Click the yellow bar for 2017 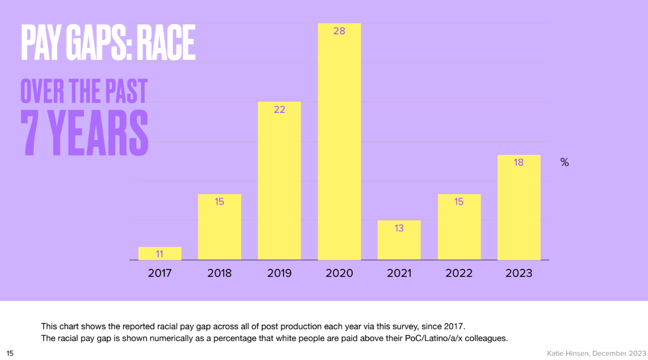[x=159, y=254]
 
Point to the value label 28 [x=339, y=31]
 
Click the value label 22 [x=279, y=110]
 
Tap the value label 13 [x=399, y=228]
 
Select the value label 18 [x=519, y=162]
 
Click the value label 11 [x=159, y=254]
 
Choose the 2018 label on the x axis [x=219, y=273]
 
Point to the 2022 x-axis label [x=459, y=273]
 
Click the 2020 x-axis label [x=339, y=273]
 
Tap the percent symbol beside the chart [x=565, y=163]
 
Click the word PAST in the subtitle [x=125, y=91]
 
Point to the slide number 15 [x=10, y=353]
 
